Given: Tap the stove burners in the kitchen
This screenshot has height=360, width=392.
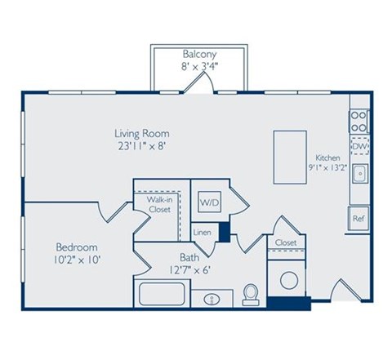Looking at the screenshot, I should pos(359,121).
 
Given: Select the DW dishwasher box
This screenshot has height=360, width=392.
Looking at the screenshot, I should pos(359,147).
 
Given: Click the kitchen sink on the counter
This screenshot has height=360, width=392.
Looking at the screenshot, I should pos(359,174).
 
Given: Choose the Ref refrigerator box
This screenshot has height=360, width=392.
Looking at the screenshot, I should pos(358,218).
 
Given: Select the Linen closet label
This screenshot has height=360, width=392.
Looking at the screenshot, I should pos(202,233).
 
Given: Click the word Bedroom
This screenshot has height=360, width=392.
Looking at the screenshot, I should pos(77,247).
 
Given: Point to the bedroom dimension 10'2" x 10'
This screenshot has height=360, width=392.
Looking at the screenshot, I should pos(77,260).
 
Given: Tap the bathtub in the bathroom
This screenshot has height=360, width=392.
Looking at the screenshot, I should pos(163,295).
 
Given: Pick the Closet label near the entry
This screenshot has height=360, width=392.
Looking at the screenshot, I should pos(285,242).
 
